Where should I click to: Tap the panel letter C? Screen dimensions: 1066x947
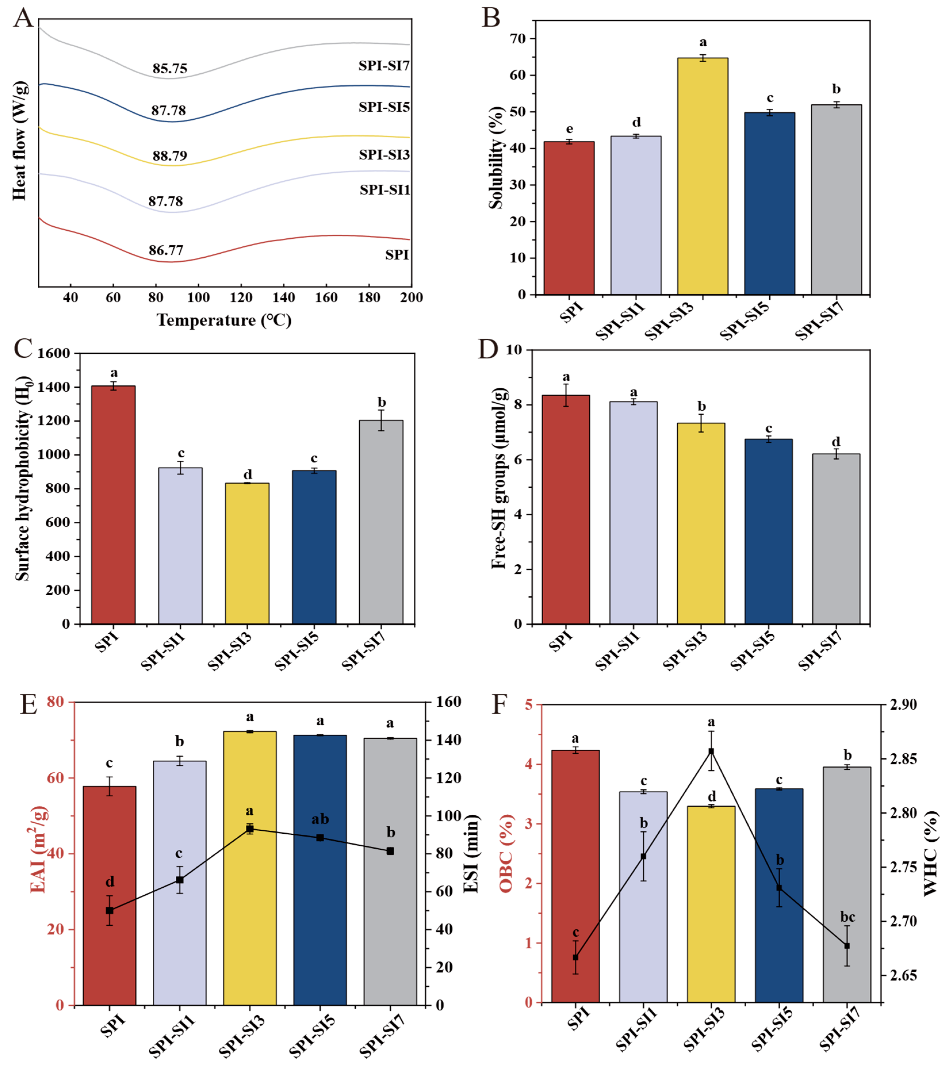click(x=23, y=348)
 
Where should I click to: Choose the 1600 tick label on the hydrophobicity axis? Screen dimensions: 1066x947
click(x=54, y=354)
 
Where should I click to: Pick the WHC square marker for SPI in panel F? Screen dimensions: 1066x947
click(x=575, y=958)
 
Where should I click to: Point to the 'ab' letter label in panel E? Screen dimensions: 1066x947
click(x=320, y=819)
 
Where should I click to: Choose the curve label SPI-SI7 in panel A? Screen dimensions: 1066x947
click(x=384, y=66)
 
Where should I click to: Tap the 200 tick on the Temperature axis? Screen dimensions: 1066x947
click(x=411, y=297)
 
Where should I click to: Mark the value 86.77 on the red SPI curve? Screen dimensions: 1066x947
click(x=166, y=250)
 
